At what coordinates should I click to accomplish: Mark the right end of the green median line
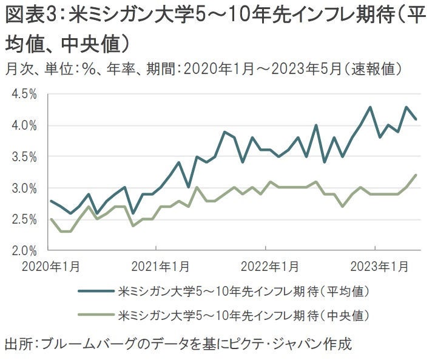tap(416, 175)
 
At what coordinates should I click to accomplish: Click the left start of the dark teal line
tap(51, 201)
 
